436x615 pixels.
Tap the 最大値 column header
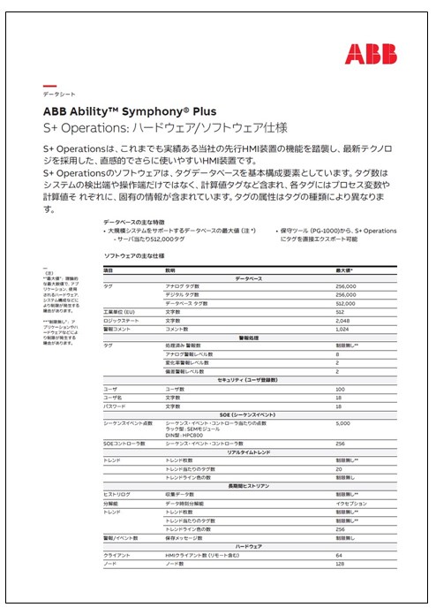[345, 270]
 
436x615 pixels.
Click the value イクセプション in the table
[350, 504]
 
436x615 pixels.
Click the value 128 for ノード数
[340, 563]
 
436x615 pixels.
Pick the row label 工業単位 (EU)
[120, 312]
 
